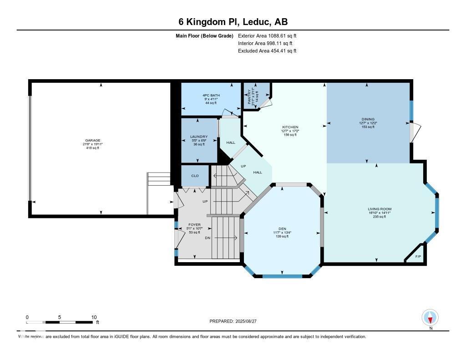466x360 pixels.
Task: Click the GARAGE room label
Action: (x=93, y=141)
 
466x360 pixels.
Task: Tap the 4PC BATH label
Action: (x=211, y=95)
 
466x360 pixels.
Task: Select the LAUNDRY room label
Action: (x=199, y=137)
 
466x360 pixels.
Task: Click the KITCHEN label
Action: (x=290, y=127)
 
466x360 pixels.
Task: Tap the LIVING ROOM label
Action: (x=377, y=209)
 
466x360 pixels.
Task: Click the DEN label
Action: (x=282, y=229)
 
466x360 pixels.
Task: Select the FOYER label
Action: (x=194, y=225)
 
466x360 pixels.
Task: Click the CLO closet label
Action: (x=195, y=176)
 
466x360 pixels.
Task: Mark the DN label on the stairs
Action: (x=208, y=238)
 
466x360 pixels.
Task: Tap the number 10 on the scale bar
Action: (x=94, y=317)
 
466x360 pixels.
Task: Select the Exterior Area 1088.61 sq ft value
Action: (x=267, y=35)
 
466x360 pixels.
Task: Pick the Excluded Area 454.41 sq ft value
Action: (x=267, y=51)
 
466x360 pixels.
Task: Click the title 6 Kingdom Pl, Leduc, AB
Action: (x=233, y=22)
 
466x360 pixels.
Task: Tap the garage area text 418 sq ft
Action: (x=93, y=148)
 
